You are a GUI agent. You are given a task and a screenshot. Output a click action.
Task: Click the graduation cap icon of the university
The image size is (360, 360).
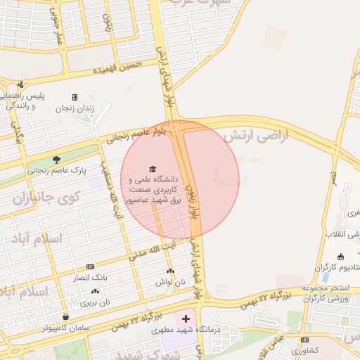(x=153, y=169)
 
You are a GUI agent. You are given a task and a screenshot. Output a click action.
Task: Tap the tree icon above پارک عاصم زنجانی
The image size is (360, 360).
(x=57, y=159)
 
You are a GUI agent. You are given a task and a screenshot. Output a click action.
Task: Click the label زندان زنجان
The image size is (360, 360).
(x=72, y=108)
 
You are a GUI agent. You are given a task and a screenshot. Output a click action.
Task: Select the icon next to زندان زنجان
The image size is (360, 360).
(x=75, y=97)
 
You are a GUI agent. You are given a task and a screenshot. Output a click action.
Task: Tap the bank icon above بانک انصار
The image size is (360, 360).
(x=89, y=266)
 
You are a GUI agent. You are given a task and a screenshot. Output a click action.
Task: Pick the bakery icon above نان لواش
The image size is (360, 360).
(x=170, y=271)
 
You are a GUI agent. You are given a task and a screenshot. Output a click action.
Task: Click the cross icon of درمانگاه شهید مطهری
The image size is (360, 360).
(x=186, y=319)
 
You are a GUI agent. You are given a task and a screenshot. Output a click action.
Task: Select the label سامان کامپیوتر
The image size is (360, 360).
(x=65, y=328)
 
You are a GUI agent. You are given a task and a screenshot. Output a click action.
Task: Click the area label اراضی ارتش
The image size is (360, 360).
(x=256, y=136)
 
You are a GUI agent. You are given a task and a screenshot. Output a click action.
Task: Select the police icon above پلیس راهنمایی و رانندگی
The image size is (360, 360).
(x=20, y=84)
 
